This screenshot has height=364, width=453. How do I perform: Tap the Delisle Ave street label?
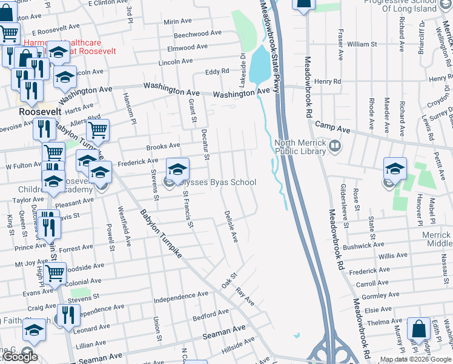(x=231, y=226)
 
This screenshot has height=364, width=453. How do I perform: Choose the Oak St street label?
(x=228, y=280)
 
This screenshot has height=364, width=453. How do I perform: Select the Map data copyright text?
(x=416, y=359)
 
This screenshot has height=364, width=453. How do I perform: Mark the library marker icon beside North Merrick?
(x=334, y=147)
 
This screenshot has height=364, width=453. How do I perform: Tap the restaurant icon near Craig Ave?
(x=67, y=315)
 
